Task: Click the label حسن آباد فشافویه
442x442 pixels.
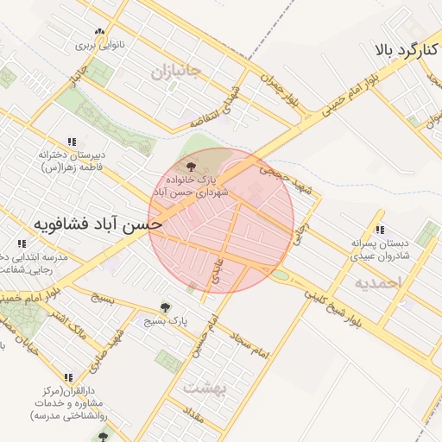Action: click(85, 223)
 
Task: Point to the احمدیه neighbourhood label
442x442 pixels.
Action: click(378, 282)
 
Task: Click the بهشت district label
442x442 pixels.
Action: click(204, 388)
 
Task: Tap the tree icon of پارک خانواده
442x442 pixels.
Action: click(191, 161)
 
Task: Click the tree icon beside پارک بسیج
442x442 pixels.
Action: click(165, 306)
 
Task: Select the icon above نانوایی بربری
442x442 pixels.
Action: click(100, 32)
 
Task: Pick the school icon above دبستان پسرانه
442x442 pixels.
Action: click(381, 229)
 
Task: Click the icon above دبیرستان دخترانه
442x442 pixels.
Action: click(72, 141)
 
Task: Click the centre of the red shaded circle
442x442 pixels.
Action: click(221, 221)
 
